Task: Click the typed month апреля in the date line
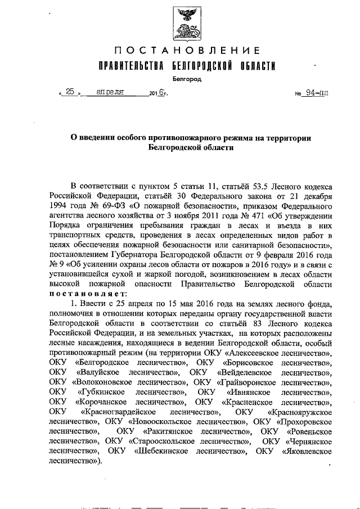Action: (114, 93)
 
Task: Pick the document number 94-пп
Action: (316, 94)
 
